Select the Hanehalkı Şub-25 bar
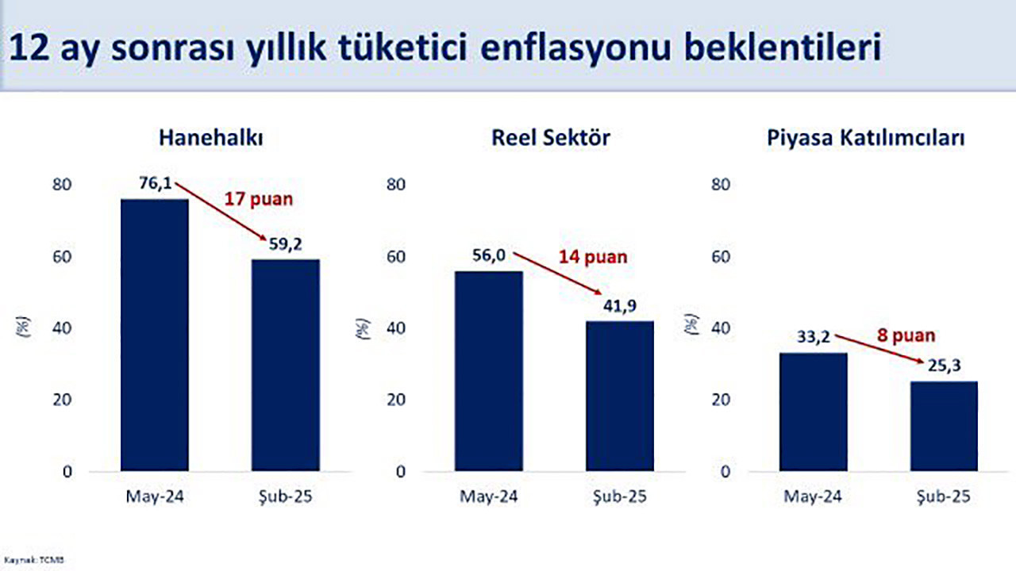point(286,365)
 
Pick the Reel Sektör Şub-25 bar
point(620,396)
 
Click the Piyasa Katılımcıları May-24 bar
point(814,412)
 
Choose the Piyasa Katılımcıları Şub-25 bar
point(944,426)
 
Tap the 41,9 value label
point(621,306)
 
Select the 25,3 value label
point(945,367)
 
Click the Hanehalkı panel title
point(210,137)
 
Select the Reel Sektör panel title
point(551,137)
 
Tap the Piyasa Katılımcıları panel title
point(866,137)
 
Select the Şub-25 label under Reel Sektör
point(620,497)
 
